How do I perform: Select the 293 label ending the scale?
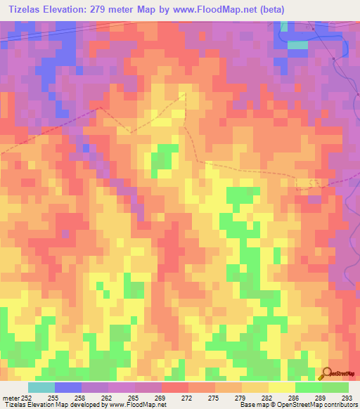tap(346, 398)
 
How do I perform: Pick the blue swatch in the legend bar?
tap(67, 387)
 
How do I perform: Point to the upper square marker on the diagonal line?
tap(313, 29)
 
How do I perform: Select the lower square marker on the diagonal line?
tap(333, 59)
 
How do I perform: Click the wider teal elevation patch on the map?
tap(297, 44)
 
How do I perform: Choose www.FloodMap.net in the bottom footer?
tap(139, 405)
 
